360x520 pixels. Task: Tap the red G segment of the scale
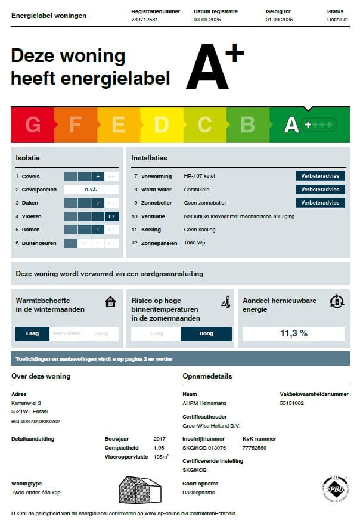33,125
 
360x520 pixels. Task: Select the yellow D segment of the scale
162,125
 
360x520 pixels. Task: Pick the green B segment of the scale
247,125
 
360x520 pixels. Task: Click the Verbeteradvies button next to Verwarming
320,176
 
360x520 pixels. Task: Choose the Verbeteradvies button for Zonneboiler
320,203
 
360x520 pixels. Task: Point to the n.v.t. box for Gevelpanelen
91,190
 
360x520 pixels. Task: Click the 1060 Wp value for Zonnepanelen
195,243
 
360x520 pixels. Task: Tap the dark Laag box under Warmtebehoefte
33,333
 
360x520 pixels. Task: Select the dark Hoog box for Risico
206,334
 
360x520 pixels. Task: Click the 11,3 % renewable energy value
294,333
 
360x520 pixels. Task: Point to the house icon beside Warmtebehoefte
110,302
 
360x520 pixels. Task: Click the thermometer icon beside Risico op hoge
225,302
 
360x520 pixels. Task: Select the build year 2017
159,439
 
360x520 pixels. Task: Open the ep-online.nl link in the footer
190,513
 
